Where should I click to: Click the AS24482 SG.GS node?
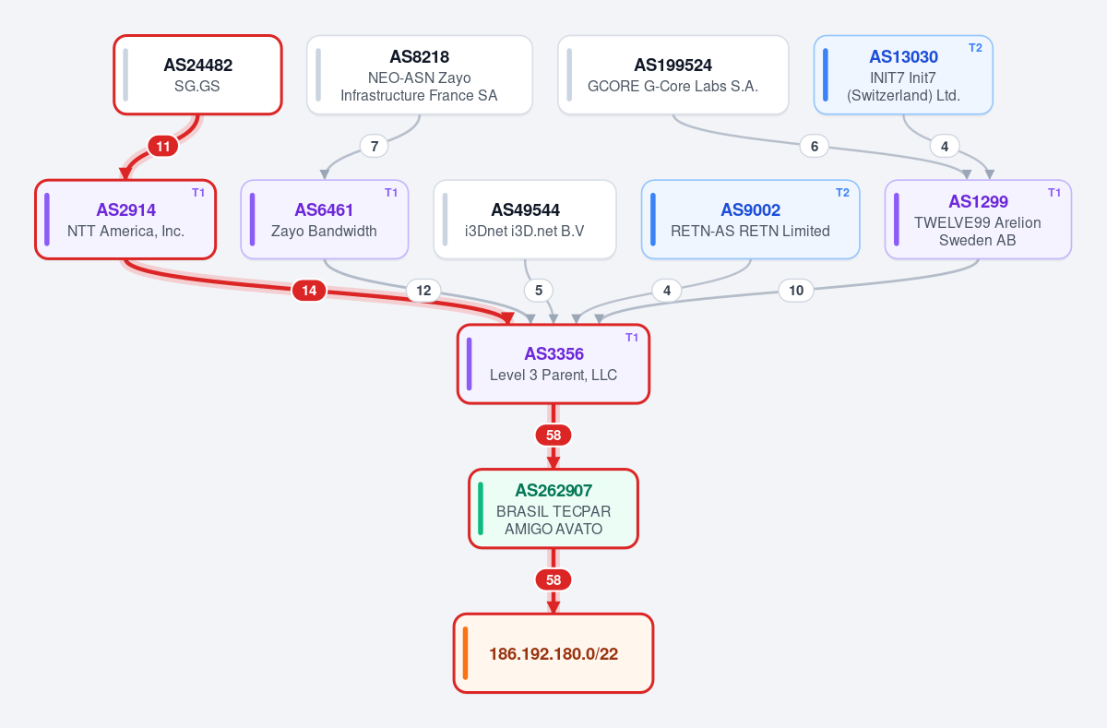point(197,75)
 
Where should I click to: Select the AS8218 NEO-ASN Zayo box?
point(420,75)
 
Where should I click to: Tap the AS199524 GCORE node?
point(673,75)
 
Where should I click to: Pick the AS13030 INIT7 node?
point(903,75)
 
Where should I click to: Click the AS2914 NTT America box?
point(125,220)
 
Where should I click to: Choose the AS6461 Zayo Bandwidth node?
point(325,220)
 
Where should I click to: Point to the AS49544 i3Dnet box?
point(525,220)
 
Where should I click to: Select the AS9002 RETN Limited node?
point(751,220)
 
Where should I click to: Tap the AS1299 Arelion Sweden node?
point(978,220)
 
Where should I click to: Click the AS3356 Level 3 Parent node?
point(553,364)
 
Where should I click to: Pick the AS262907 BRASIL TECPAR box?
point(553,508)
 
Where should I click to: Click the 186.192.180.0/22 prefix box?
point(553,653)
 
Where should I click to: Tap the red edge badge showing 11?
point(163,147)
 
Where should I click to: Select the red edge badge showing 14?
point(309,290)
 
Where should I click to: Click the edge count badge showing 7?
point(375,147)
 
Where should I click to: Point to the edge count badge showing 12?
point(423,290)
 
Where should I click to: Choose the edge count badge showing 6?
point(815,147)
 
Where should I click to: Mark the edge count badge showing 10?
point(796,290)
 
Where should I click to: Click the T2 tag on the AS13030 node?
point(975,48)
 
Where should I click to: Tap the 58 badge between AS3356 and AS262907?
point(553,435)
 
